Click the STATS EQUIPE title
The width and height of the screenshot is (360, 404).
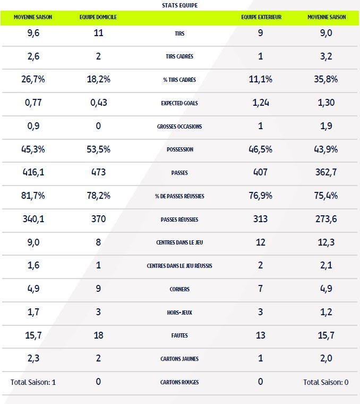point(181,5)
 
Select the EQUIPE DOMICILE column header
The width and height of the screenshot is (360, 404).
point(98,17)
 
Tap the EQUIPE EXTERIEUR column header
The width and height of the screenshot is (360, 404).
point(261,17)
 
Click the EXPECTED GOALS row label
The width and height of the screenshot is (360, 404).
point(181,103)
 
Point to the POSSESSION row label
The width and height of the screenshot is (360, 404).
point(181,150)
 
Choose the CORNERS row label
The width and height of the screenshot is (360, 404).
point(181,289)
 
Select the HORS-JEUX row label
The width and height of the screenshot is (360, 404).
point(181,313)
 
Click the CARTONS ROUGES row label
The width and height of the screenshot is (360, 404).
point(181,382)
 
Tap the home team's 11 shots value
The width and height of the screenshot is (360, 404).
point(98,33)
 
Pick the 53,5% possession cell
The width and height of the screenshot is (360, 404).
point(98,149)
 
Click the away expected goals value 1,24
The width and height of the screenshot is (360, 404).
point(260,103)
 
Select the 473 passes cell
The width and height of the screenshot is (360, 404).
point(98,172)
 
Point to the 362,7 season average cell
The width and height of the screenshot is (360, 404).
point(327,172)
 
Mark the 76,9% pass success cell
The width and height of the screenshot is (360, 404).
point(260,196)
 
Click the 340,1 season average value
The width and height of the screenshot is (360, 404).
point(33,218)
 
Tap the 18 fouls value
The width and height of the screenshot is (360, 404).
point(98,335)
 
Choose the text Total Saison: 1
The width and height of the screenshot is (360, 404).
point(33,382)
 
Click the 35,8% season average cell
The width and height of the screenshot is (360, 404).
point(327,79)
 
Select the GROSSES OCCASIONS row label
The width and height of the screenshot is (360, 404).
point(181,127)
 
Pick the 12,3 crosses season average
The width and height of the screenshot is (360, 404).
point(327,242)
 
